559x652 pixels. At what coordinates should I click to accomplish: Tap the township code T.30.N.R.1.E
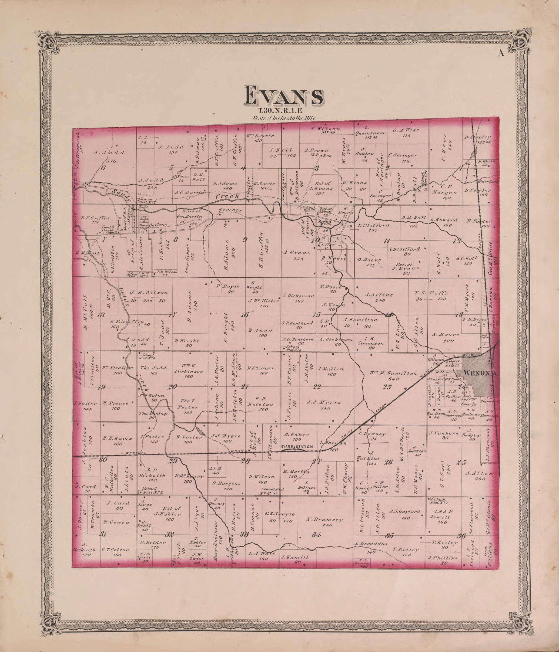pyautogui.click(x=280, y=110)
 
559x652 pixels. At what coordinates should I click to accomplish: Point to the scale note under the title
pyautogui.click(x=284, y=119)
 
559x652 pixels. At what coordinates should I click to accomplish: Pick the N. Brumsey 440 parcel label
pyautogui.click(x=325, y=520)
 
